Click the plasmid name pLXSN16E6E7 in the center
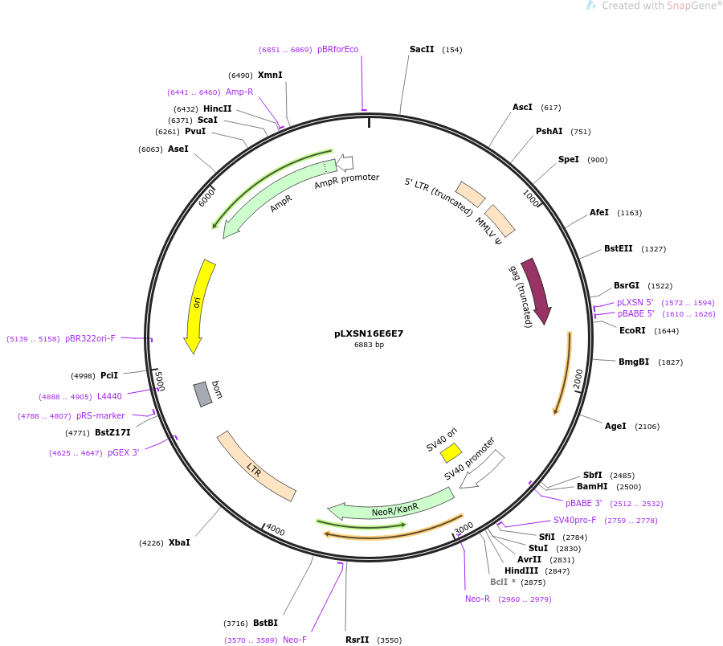point(369,333)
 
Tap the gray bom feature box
point(202,395)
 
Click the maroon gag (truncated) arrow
point(537,291)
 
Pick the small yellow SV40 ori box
point(451,452)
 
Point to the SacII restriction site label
point(422,49)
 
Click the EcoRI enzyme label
point(632,330)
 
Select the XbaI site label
point(179,542)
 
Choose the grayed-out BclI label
point(500,582)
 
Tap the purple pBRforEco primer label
point(337,49)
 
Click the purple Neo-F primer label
point(295,640)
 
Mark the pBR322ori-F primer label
point(90,338)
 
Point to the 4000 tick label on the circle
point(276,529)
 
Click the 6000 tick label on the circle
point(206,198)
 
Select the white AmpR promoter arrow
point(345,162)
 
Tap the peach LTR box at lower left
point(256,466)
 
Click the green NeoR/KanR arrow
point(391,505)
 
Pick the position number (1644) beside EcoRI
point(666,331)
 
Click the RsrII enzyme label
point(357,640)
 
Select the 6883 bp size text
point(369,345)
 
